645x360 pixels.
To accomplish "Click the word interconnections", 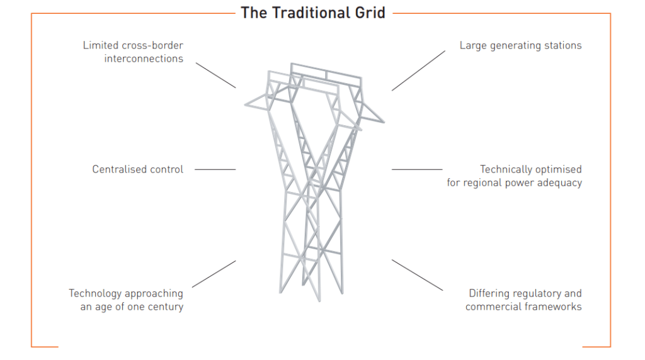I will pyautogui.click(x=144, y=59).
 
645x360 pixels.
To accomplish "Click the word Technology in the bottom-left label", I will pyautogui.click(x=95, y=293).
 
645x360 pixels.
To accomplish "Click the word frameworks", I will pyautogui.click(x=552, y=307).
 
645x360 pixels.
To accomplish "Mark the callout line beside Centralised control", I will pyautogui.click(x=215, y=169).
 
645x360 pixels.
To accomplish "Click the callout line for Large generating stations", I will pyautogui.click(x=418, y=70).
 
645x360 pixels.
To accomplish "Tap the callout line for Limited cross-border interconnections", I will pyautogui.click(x=215, y=75).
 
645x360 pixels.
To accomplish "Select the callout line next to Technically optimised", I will pyautogui.click(x=417, y=169).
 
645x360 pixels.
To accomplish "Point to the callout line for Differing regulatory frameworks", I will pyautogui.click(x=418, y=275).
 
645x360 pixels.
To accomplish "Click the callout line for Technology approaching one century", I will pyautogui.click(x=214, y=274).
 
